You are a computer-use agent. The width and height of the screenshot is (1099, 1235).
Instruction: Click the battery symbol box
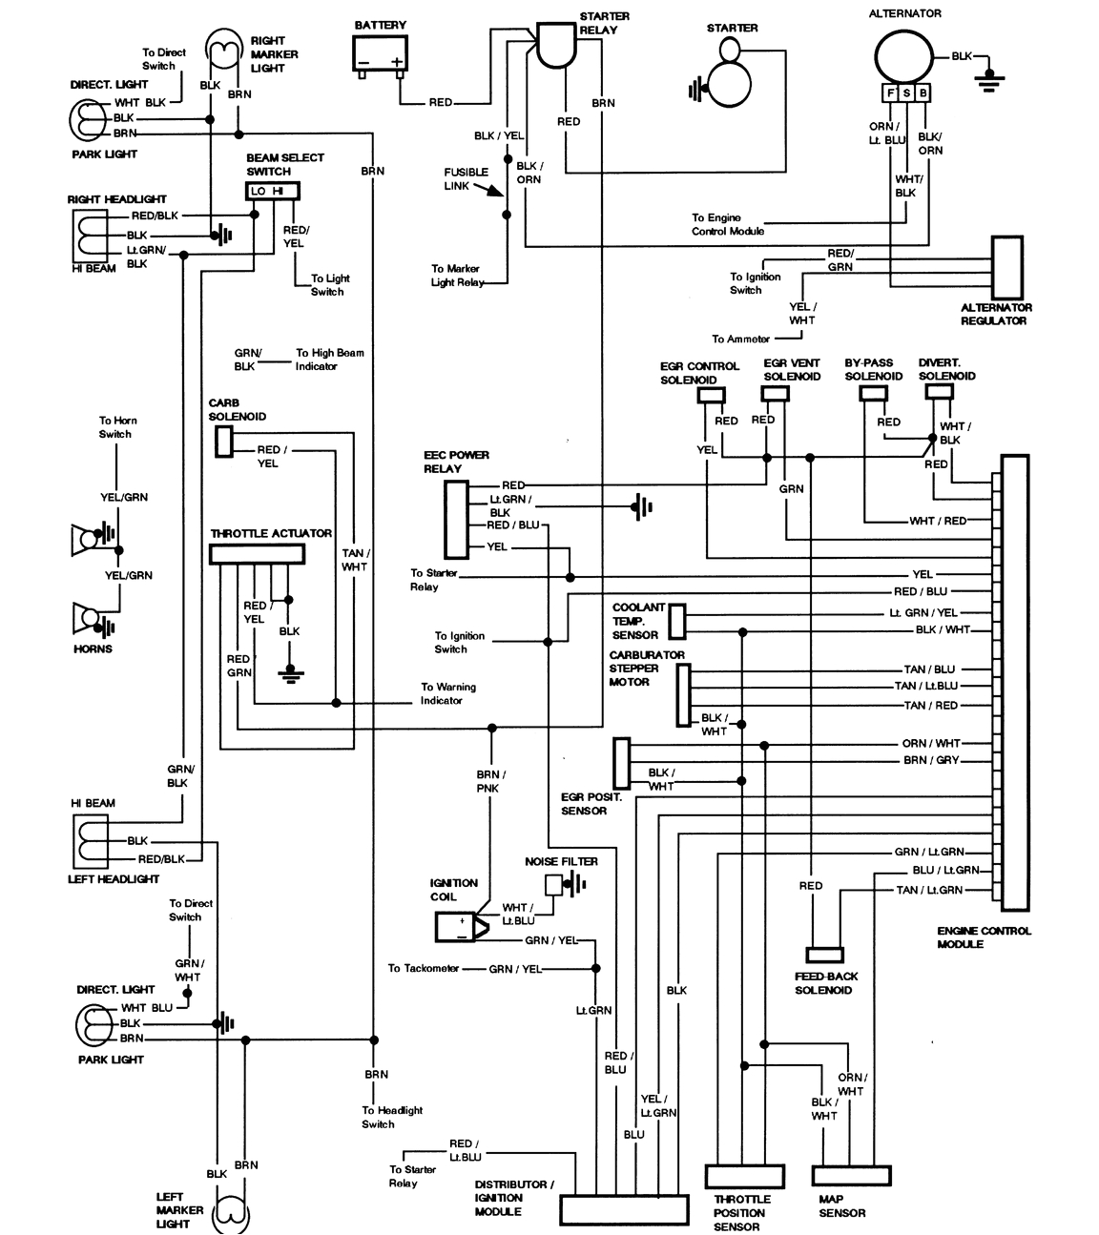click(380, 53)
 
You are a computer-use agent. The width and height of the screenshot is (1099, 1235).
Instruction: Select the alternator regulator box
click(1007, 266)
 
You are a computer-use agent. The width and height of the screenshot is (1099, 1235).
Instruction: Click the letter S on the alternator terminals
click(907, 93)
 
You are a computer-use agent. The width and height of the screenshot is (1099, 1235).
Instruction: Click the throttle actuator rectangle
click(258, 555)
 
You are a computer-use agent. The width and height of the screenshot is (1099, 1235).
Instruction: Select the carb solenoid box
click(223, 441)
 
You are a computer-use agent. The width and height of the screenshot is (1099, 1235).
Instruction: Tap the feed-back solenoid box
click(824, 955)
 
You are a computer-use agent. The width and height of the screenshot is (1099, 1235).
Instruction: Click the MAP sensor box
click(851, 1174)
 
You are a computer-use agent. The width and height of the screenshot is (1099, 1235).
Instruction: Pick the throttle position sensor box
click(744, 1174)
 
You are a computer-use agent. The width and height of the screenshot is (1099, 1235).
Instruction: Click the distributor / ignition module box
click(623, 1210)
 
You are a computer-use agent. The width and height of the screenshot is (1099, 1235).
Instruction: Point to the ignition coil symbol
click(460, 927)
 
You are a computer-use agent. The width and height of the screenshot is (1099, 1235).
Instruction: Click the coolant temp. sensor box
click(677, 621)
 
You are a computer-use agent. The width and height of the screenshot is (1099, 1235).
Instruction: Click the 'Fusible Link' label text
click(466, 178)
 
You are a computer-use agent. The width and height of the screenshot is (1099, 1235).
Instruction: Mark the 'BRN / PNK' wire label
click(491, 781)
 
